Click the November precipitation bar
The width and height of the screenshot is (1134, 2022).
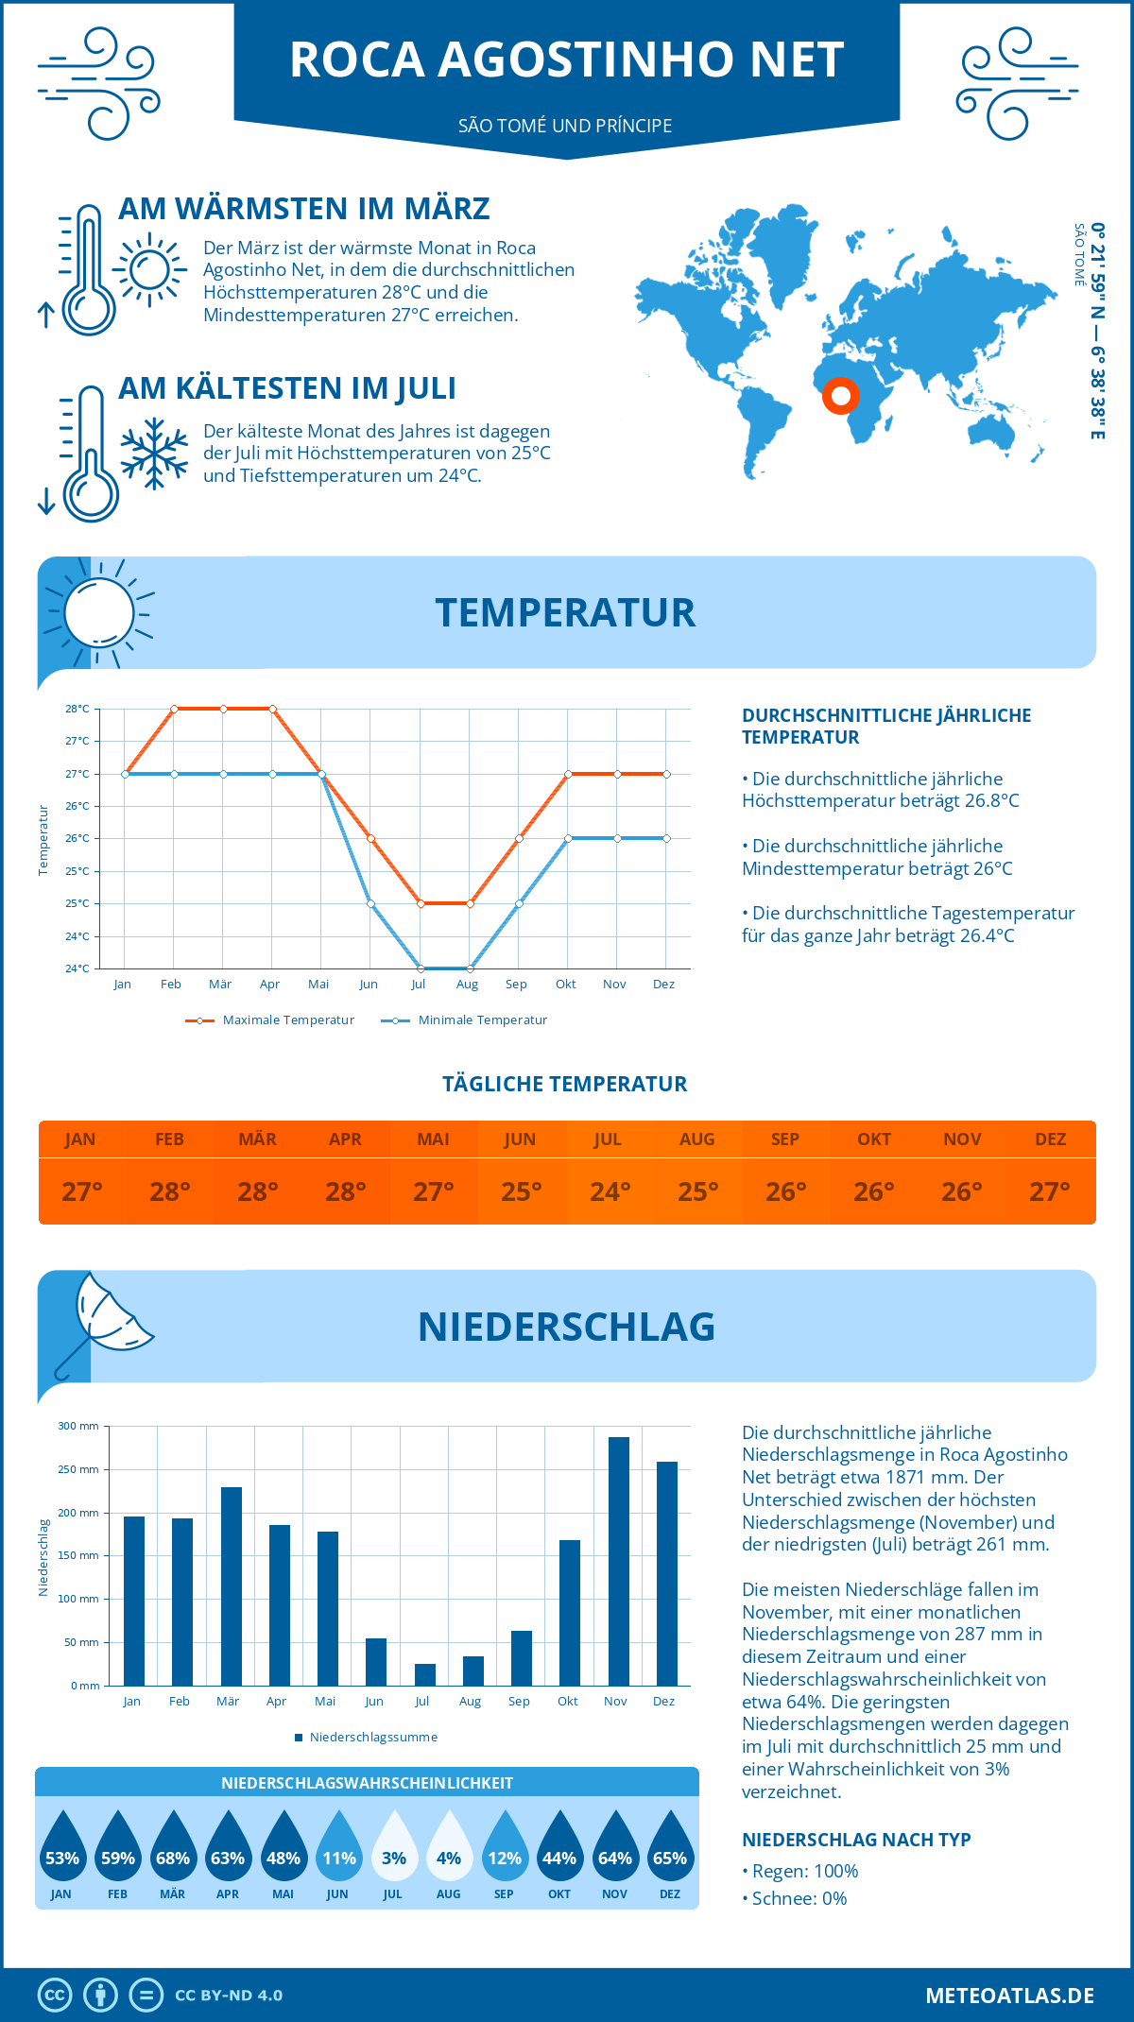(x=618, y=1561)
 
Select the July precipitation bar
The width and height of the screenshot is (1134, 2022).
(x=424, y=1674)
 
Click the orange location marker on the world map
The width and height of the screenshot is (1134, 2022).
(x=839, y=395)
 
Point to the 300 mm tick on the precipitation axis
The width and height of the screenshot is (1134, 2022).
(x=79, y=1426)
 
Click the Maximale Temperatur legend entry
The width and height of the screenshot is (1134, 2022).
(x=270, y=1020)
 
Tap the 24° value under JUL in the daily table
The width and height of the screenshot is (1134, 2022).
(x=610, y=1191)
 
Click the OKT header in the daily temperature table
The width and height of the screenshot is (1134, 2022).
(x=873, y=1139)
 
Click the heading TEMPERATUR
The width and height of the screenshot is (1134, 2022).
(x=565, y=612)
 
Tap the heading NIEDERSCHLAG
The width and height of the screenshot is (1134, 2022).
(x=566, y=1327)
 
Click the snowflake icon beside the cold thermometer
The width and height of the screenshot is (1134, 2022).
(x=154, y=454)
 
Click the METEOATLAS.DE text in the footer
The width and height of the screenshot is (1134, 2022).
(x=1009, y=1996)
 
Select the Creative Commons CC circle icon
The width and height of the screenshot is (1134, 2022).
(x=55, y=1996)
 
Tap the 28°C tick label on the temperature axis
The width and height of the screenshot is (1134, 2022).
(x=77, y=709)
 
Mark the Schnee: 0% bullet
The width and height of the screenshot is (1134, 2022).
(x=796, y=1898)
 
